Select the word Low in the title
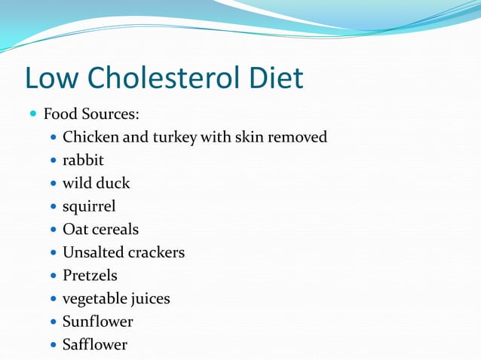[51, 78]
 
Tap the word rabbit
[83, 160]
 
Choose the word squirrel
[89, 206]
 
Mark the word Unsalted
[93, 252]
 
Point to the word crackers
[156, 252]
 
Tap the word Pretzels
[90, 276]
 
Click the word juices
[149, 299]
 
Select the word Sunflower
[97, 322]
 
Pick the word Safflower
[95, 345]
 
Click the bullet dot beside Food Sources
[33, 115]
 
